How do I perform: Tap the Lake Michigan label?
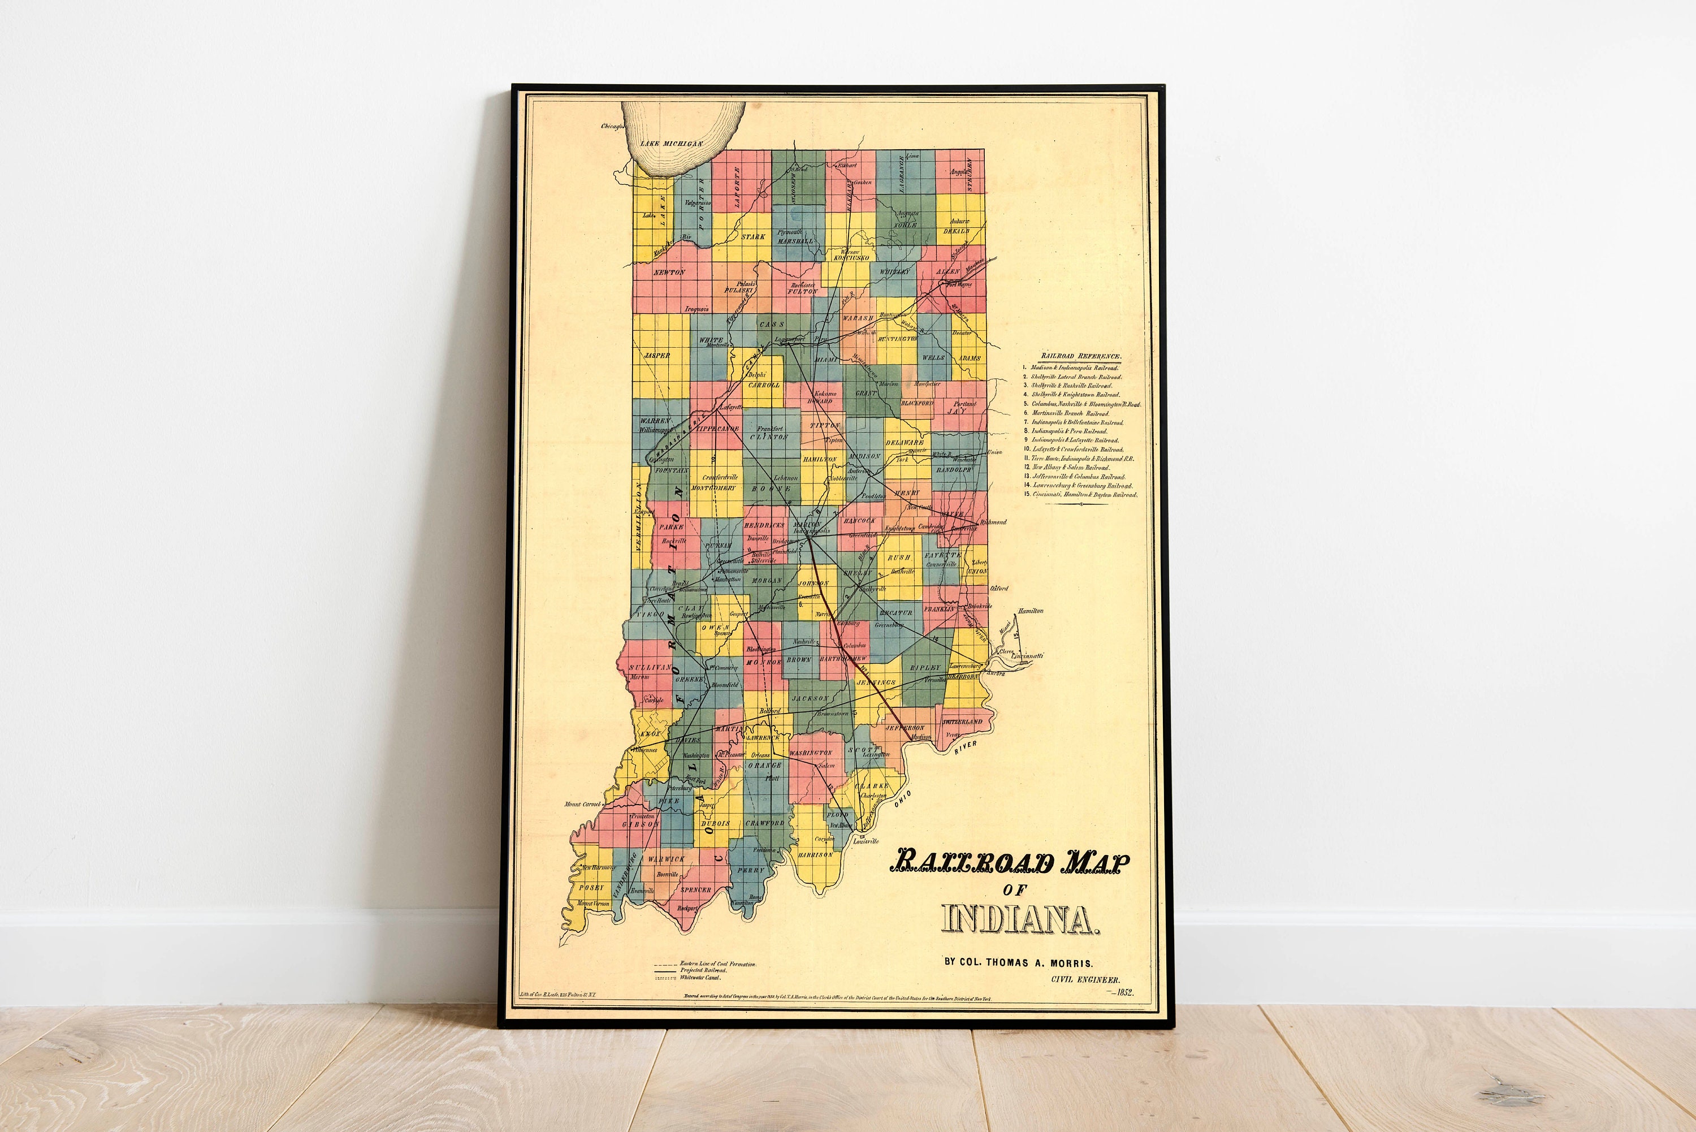[x=671, y=144]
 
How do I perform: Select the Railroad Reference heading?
[x=1080, y=356]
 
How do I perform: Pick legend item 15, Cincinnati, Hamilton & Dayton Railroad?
[x=1084, y=495]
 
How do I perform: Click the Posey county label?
[x=591, y=887]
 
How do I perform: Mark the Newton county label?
[x=669, y=272]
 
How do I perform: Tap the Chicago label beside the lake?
[x=612, y=126]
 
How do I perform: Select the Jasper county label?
[x=657, y=355]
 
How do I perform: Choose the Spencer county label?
[x=696, y=890]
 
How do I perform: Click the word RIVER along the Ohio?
[x=965, y=748]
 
